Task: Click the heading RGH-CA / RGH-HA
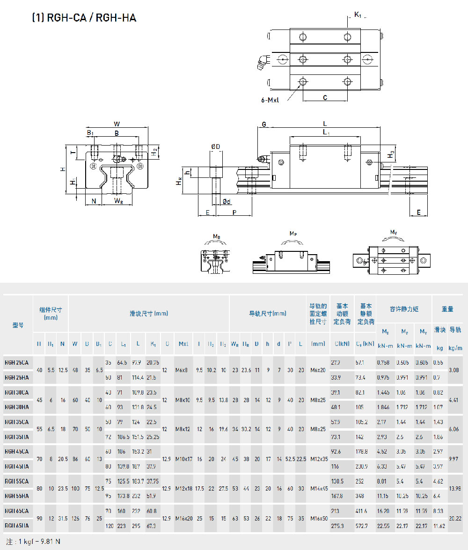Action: [x=84, y=18]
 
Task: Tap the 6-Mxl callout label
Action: [x=270, y=100]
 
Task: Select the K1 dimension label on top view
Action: [x=358, y=15]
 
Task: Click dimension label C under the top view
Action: [x=325, y=97]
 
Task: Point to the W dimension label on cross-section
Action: [x=117, y=124]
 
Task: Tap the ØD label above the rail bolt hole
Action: [x=216, y=147]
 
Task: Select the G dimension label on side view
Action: [x=264, y=125]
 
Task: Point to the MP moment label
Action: [x=293, y=233]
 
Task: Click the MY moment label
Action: [x=394, y=232]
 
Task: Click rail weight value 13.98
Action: [x=455, y=488]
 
